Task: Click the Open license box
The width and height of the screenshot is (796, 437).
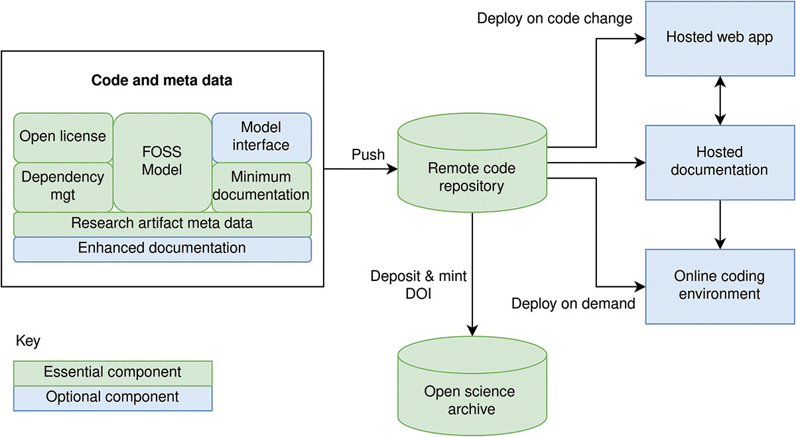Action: (x=63, y=137)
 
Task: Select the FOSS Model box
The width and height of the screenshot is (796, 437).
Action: (x=163, y=162)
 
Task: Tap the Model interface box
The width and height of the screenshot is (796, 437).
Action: (x=261, y=137)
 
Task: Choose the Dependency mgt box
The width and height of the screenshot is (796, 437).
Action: (x=63, y=187)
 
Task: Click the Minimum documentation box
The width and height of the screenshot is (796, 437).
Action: (x=261, y=187)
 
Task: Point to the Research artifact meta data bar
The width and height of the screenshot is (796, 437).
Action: (x=163, y=223)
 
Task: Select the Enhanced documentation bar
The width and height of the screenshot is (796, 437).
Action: (x=163, y=248)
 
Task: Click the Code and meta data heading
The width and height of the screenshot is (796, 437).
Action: (x=162, y=80)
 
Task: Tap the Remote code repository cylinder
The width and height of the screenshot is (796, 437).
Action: (x=472, y=177)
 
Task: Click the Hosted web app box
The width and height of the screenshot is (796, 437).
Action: (x=719, y=38)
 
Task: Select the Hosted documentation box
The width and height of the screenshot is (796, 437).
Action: (x=719, y=161)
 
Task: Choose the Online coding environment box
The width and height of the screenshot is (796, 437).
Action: (x=719, y=285)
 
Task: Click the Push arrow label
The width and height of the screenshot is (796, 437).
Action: (x=367, y=155)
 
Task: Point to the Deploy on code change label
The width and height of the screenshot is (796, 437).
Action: (x=555, y=19)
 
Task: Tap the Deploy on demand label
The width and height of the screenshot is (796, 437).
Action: (x=574, y=304)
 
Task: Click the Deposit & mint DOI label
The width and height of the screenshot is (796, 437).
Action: (x=419, y=284)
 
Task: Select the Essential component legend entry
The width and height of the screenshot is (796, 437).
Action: (x=113, y=372)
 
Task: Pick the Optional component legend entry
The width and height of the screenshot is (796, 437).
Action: (x=113, y=397)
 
